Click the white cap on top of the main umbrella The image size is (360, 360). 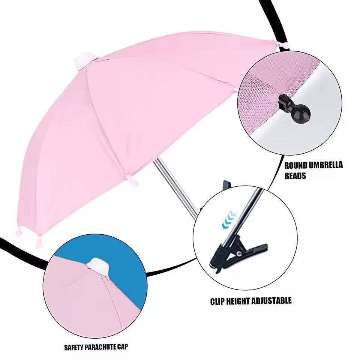(x=84, y=60)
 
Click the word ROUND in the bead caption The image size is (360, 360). (x=296, y=165)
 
